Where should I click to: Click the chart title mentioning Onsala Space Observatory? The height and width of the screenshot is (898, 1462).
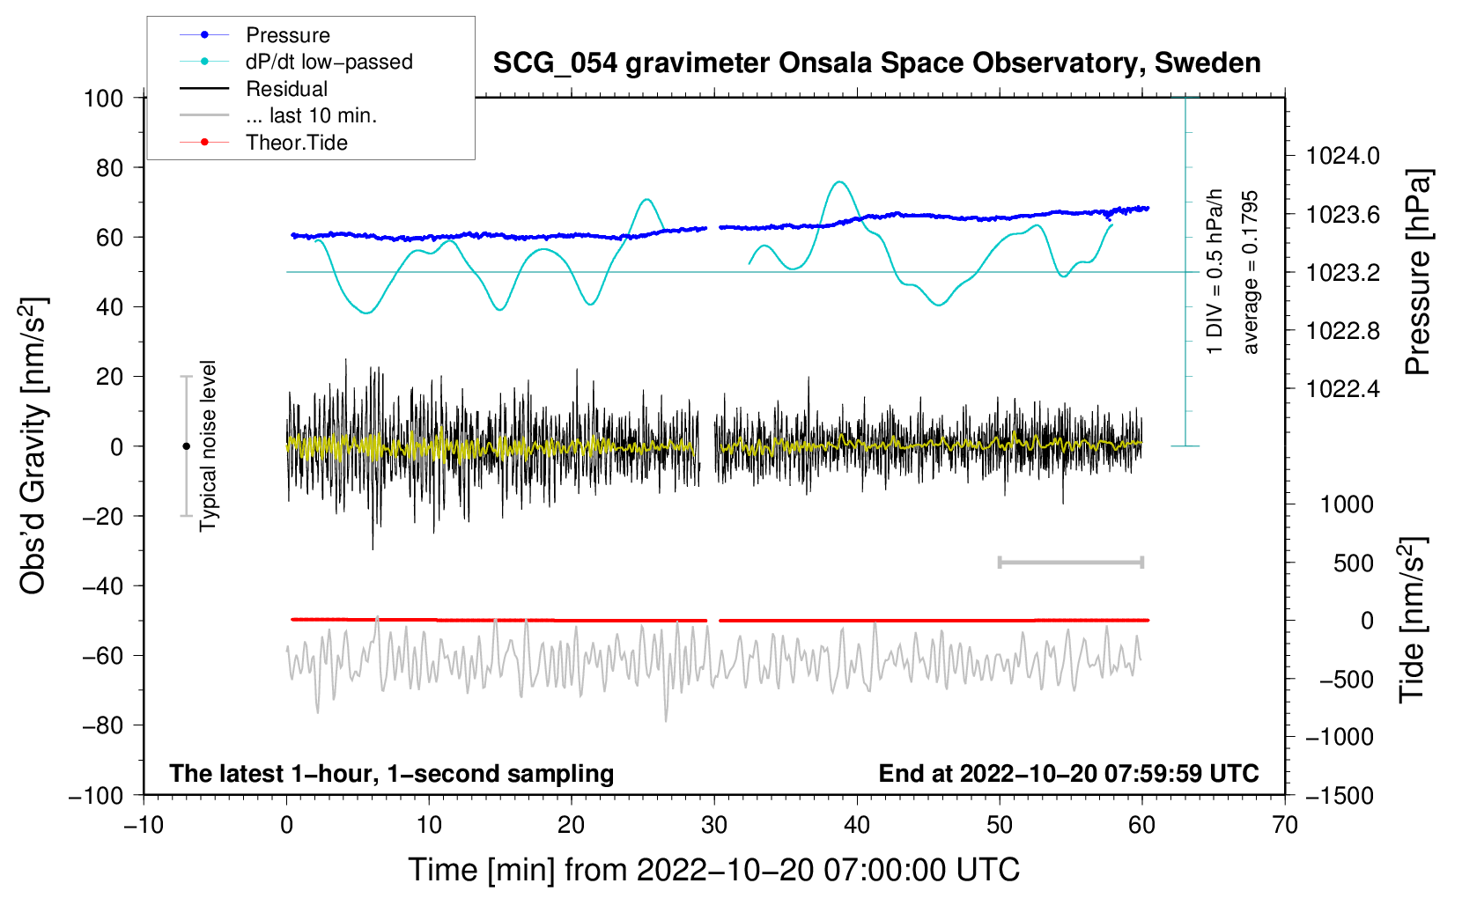coord(876,63)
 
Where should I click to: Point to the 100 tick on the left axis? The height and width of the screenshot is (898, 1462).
coord(104,99)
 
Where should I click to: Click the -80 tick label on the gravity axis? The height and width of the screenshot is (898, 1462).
coord(103,725)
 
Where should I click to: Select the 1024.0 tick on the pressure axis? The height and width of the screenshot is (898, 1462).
coord(1342,156)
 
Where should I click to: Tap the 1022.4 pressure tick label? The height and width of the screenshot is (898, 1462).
coord(1342,389)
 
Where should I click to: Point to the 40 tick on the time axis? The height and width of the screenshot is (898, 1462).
coord(856,826)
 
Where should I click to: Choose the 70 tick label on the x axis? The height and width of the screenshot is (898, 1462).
coord(1284,826)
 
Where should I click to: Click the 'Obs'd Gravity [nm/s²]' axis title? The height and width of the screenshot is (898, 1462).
coord(34,445)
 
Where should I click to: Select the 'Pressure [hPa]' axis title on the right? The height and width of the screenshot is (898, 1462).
coord(1418,272)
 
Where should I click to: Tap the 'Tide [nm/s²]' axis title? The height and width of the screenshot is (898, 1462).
coord(1413,620)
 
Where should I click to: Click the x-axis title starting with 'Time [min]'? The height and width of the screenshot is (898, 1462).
coord(714,871)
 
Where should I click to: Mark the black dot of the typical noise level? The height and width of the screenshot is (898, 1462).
coord(186,446)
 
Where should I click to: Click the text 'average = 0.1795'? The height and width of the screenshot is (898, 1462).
coord(1249,272)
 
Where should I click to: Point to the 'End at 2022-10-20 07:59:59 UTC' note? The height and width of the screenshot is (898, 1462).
coord(1068,773)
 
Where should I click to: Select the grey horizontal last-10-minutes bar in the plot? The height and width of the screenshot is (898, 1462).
coord(1070,563)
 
